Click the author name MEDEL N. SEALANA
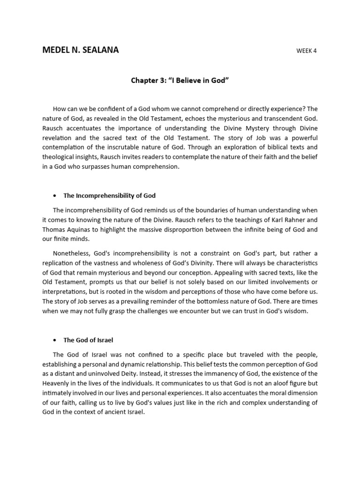pyautogui.click(x=80, y=50)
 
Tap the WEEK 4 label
pyautogui.click(x=306, y=51)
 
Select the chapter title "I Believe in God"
pyautogui.click(x=180, y=81)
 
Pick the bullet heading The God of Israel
pyautogui.click(x=90, y=340)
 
